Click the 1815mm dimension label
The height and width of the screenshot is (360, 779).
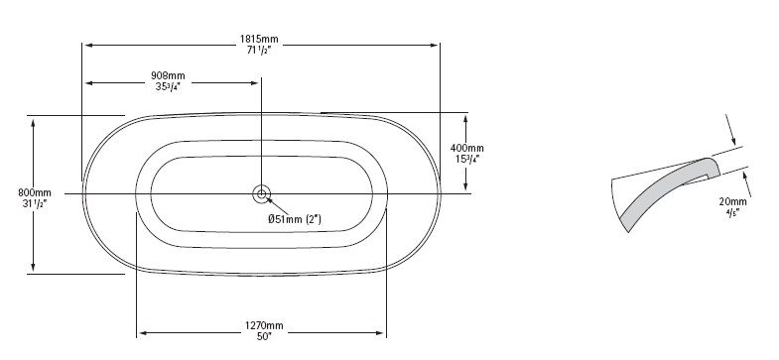tap(259, 39)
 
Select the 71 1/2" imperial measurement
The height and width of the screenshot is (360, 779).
tap(258, 50)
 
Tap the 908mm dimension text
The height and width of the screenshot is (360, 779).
tap(168, 76)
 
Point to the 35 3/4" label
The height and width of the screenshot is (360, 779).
tap(167, 86)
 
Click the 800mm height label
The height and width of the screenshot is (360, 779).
tap(35, 192)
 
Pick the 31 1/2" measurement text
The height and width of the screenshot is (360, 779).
tap(35, 203)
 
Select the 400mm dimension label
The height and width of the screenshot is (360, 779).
tap(467, 148)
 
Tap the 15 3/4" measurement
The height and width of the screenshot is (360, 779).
tap(467, 159)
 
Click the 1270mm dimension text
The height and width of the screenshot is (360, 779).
tap(264, 325)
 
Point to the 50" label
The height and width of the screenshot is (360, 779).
tap(264, 336)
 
